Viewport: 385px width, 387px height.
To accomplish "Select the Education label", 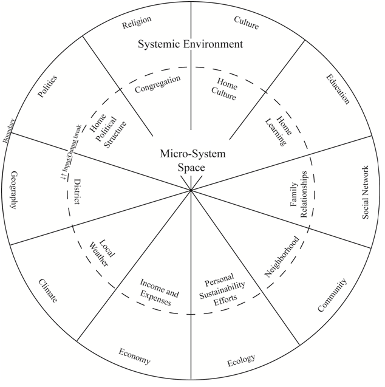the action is [x=338, y=89].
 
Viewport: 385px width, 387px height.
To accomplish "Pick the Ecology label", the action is [x=241, y=361].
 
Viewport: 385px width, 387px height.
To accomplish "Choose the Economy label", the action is [x=134, y=357].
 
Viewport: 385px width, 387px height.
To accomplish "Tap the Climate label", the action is [x=48, y=291].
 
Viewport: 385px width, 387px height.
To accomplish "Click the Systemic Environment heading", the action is [x=190, y=44].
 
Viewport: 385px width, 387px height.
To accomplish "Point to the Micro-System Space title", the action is [x=192, y=160].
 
